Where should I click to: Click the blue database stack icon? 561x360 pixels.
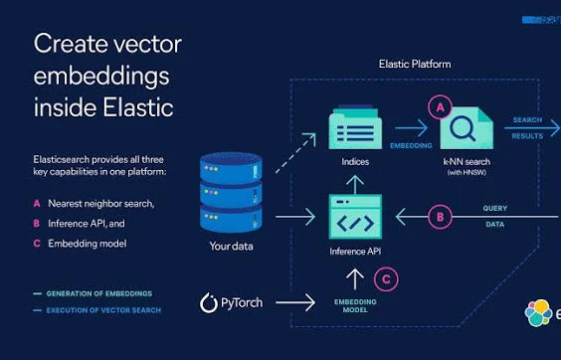tap(230, 192)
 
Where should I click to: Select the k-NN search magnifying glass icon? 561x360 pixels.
tap(466, 128)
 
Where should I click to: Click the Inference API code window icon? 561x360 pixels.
tap(355, 217)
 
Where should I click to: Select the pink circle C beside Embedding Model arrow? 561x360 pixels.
tap(389, 279)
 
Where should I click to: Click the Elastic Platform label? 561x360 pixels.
tap(415, 64)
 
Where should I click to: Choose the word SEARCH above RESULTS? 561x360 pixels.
tap(526, 120)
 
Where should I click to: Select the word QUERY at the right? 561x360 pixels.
tap(495, 208)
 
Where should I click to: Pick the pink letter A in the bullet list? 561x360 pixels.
tap(36, 203)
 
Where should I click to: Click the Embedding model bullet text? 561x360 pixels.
tap(88, 243)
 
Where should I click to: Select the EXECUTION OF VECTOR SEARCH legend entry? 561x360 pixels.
tap(103, 310)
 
